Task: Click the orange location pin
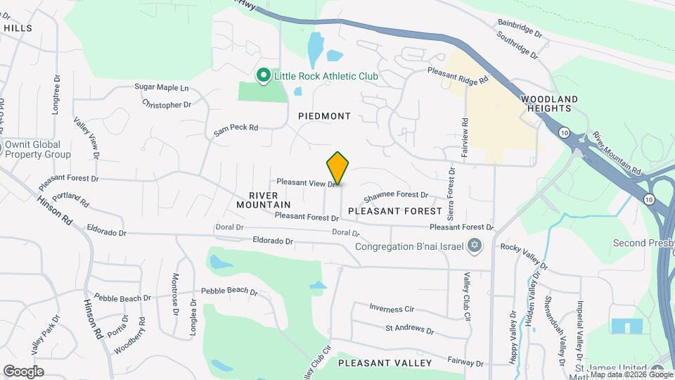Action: tap(337, 168)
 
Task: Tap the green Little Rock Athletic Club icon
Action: tap(264, 75)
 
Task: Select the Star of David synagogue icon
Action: tap(475, 246)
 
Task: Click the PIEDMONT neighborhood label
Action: tap(324, 115)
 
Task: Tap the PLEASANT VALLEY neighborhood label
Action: tap(385, 363)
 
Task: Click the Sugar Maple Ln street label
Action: tap(162, 88)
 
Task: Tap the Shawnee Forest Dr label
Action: tap(396, 195)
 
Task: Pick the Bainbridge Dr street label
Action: tap(520, 28)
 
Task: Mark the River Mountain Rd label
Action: tap(617, 153)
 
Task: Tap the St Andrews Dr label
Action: tap(409, 329)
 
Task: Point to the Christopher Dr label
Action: tap(167, 105)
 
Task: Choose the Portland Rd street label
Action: tap(75, 199)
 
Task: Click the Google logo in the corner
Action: tap(23, 371)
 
